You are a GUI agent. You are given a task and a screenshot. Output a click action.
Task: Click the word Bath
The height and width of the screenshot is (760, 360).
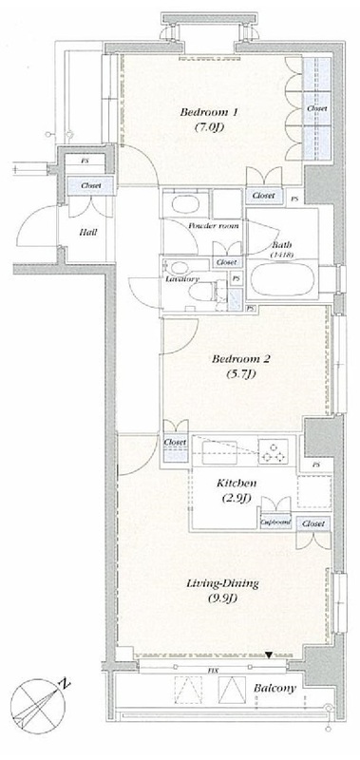click(x=282, y=243)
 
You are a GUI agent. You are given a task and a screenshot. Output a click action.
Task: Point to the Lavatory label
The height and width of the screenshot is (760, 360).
click(x=180, y=279)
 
